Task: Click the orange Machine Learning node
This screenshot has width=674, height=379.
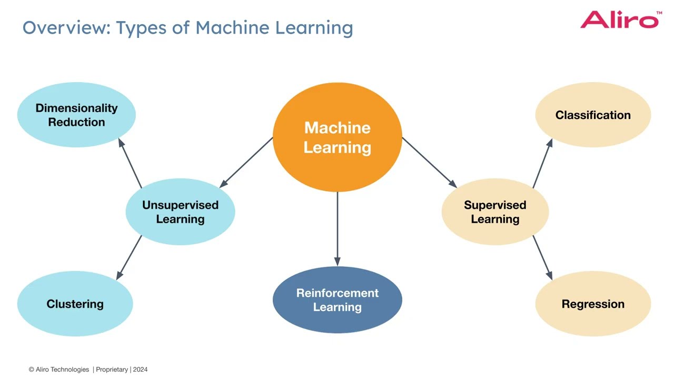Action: click(338, 137)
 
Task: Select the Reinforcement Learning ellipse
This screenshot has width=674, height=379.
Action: click(338, 300)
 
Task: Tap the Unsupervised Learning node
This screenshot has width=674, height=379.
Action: click(180, 212)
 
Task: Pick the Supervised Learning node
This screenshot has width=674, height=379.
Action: click(495, 212)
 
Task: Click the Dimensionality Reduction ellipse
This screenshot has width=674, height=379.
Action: click(76, 115)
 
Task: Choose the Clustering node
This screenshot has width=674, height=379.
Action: click(75, 304)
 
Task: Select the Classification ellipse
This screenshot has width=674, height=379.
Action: click(593, 115)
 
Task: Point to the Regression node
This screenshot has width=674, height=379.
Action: click(593, 304)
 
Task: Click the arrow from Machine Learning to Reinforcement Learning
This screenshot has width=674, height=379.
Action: click(338, 229)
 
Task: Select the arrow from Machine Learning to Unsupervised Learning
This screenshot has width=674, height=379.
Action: click(246, 163)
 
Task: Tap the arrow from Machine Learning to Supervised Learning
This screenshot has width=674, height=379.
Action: click(429, 163)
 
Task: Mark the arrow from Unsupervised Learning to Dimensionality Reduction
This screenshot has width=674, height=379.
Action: click(130, 163)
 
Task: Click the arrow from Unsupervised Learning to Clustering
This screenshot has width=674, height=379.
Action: click(129, 258)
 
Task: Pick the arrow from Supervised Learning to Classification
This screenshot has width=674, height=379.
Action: click(543, 163)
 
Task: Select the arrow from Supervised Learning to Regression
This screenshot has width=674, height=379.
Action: click(543, 258)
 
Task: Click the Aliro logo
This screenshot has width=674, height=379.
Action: click(621, 19)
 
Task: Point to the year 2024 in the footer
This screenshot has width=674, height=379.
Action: click(140, 370)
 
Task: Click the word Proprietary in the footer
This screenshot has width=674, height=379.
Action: click(112, 370)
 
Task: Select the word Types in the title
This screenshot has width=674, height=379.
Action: click(141, 28)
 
